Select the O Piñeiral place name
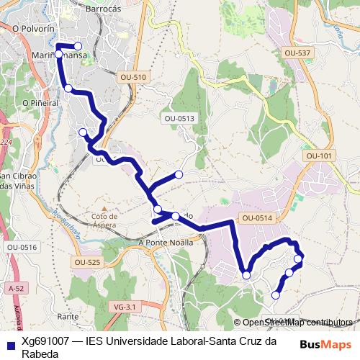tap(40, 103)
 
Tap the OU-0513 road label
tap(179, 118)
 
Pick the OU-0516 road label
tap(22, 247)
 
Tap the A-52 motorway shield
tap(16, 288)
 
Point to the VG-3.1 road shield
tap(125, 307)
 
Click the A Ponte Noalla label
tap(165, 243)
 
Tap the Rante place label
tap(68, 316)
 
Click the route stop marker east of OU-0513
tap(179, 174)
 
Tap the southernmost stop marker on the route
tap(275, 294)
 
